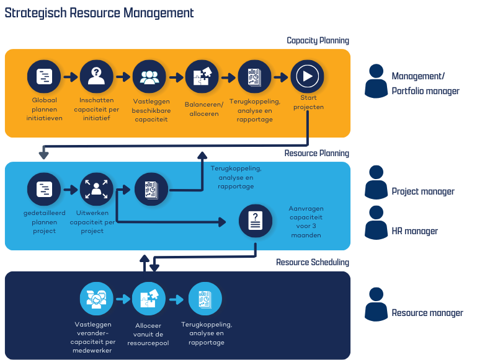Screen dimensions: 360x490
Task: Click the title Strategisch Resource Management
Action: (x=99, y=13)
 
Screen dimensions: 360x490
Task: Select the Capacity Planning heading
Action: (x=318, y=41)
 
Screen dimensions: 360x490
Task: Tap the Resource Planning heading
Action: (x=316, y=154)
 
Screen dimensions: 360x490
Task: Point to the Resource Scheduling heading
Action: (x=313, y=263)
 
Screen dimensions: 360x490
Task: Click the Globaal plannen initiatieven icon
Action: (x=44, y=77)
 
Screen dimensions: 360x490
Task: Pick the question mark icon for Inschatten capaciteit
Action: (x=96, y=77)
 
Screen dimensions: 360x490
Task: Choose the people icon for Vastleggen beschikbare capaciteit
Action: (x=149, y=77)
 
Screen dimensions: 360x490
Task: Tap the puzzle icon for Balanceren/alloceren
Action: (x=202, y=77)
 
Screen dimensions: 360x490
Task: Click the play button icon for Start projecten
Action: (x=308, y=77)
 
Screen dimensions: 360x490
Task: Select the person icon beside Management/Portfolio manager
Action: (x=376, y=81)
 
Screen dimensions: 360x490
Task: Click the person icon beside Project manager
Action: (x=376, y=182)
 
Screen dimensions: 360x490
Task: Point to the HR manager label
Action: (x=414, y=231)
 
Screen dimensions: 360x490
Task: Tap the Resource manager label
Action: (x=427, y=313)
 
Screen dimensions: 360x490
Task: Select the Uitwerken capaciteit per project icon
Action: (x=96, y=189)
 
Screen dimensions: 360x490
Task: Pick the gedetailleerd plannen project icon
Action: (x=44, y=189)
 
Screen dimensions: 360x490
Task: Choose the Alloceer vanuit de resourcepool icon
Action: (x=149, y=299)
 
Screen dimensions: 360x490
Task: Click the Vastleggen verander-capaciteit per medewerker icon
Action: (x=96, y=299)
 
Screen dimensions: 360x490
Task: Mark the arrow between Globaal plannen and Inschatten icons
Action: (x=70, y=77)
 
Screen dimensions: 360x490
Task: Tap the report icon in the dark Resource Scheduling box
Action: (x=205, y=299)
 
